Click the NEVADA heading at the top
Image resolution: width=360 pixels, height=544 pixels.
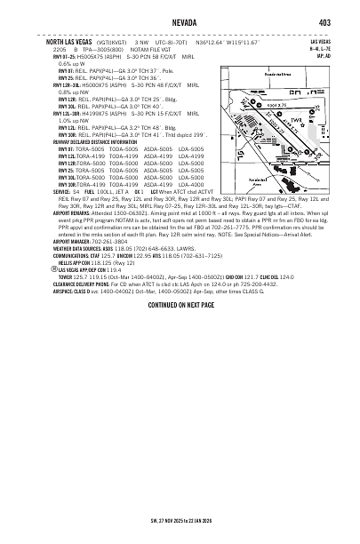point(179,22)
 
